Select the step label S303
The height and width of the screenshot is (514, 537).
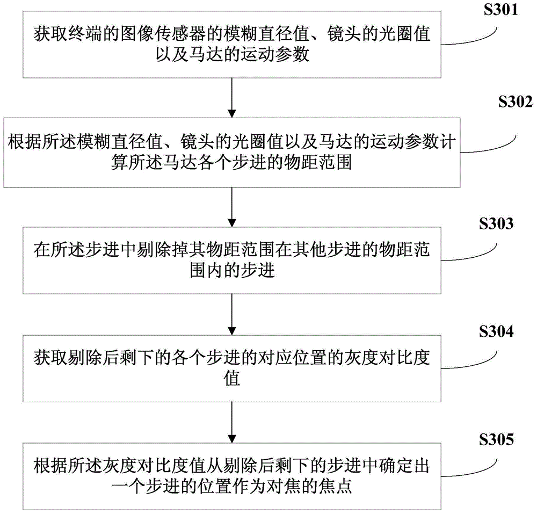(495, 224)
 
